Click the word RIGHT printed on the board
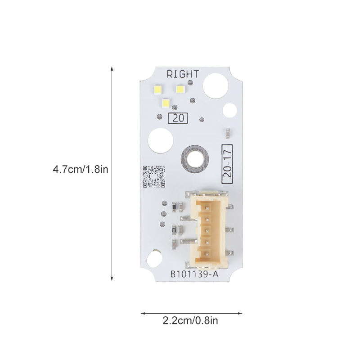(x=183, y=74)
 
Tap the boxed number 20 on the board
(x=178, y=118)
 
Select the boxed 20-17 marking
(x=227, y=164)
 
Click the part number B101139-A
(x=194, y=274)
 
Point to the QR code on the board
(x=154, y=176)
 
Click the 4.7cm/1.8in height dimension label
(x=81, y=170)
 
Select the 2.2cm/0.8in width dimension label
(x=190, y=320)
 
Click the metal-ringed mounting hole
(x=195, y=159)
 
